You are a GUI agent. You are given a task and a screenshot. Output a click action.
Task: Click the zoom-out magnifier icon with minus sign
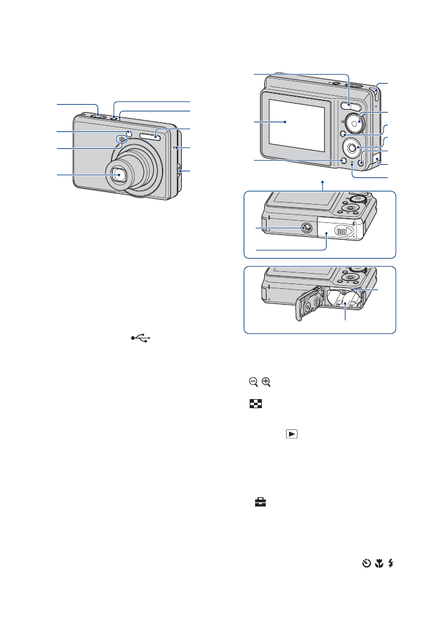[x=253, y=382]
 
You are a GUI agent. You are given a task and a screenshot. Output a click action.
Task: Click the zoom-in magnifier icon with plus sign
[x=266, y=382]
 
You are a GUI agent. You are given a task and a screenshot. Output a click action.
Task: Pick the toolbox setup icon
[x=253, y=502]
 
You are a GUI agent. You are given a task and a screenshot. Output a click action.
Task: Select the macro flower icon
[x=379, y=563]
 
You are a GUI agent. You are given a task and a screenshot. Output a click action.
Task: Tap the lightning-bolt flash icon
[x=391, y=563]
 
